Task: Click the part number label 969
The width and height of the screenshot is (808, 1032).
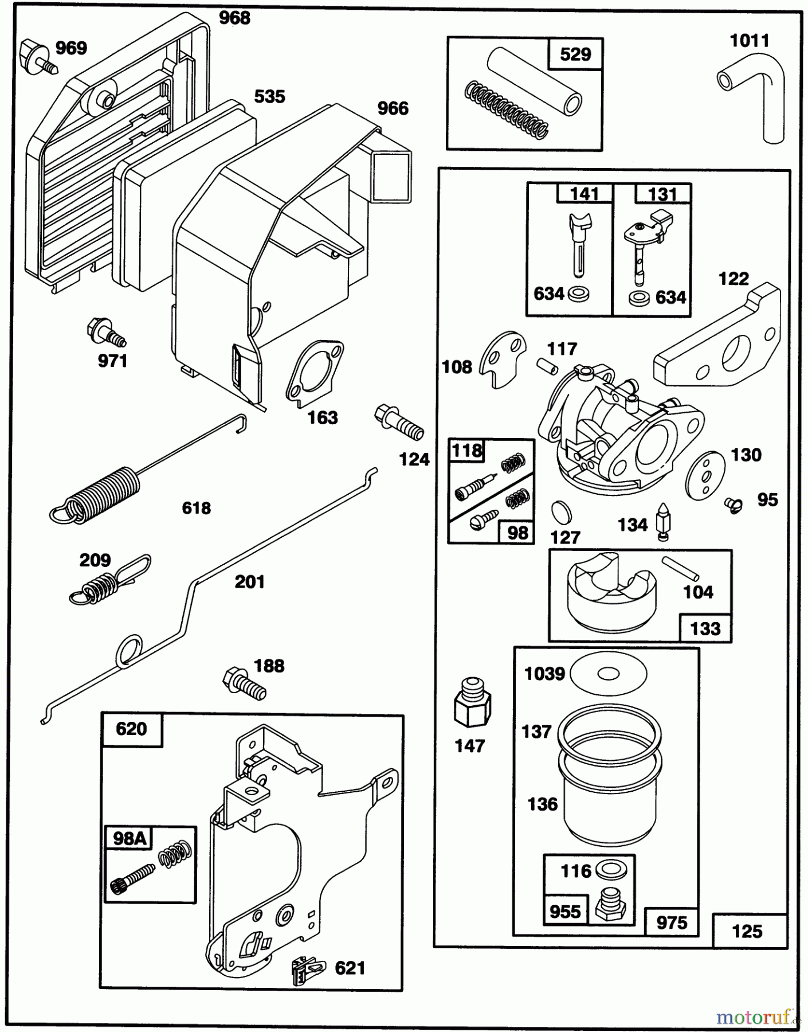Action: pos(71,48)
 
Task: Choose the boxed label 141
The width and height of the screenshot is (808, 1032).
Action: pos(584,194)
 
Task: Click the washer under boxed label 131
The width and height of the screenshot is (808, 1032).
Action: pos(636,298)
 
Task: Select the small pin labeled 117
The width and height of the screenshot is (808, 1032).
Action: pos(547,365)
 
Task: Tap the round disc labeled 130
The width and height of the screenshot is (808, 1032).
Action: pos(705,472)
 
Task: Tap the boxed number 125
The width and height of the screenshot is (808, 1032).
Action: pos(747,931)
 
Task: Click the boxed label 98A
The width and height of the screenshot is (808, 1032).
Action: pos(129,838)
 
